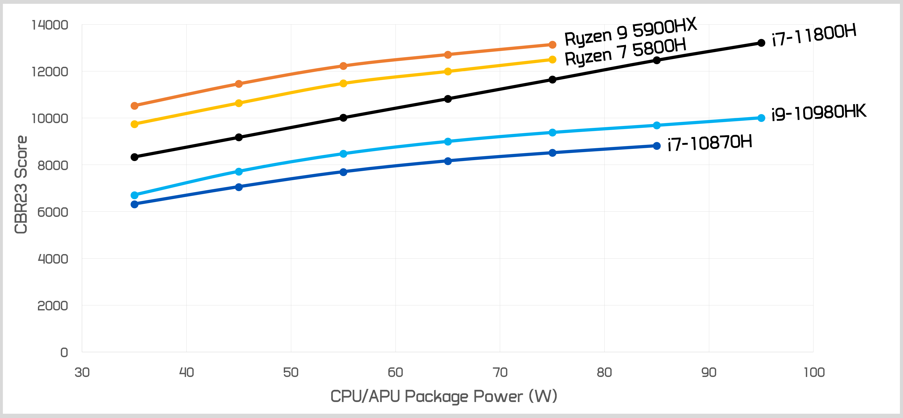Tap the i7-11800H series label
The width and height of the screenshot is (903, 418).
(814, 35)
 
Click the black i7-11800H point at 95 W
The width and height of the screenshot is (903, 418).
(761, 43)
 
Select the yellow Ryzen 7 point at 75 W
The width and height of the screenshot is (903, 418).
(552, 60)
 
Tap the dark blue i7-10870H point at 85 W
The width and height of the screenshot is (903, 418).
(657, 146)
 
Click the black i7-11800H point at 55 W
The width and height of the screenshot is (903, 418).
(343, 118)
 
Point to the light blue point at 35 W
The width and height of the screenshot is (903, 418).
(134, 195)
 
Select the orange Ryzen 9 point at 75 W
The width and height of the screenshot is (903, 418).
(552, 45)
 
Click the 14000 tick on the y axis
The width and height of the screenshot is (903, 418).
(50, 25)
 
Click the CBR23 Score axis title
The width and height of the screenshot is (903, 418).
(21, 185)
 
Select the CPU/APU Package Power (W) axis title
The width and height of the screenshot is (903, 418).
(444, 396)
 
